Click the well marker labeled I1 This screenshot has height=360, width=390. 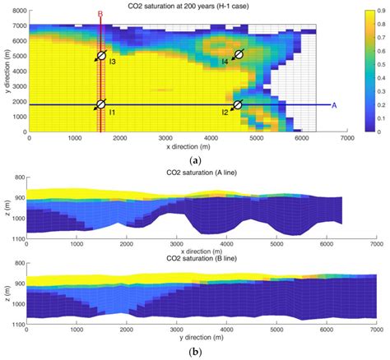[100, 104]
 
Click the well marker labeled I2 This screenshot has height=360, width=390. [238, 104]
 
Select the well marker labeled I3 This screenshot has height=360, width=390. [100, 55]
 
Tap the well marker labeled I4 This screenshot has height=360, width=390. [239, 55]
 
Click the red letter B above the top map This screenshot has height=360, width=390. [100, 14]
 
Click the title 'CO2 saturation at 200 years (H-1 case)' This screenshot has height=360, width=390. [174, 7]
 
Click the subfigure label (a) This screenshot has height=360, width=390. [195, 159]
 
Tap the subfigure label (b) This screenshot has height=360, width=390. [195, 353]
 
